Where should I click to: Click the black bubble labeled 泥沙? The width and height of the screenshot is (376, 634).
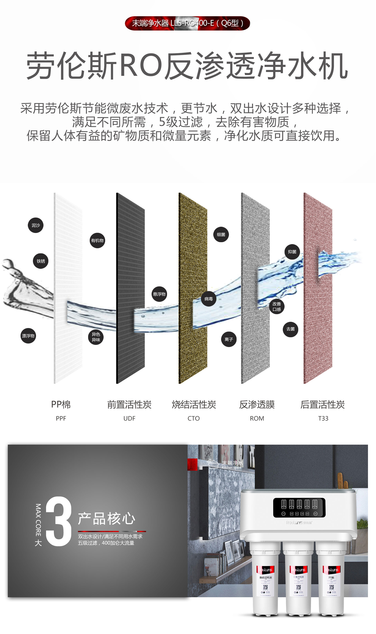tap(36, 225)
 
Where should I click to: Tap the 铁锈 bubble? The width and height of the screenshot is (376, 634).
tap(41, 261)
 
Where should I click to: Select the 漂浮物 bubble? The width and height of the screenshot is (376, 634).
tap(28, 336)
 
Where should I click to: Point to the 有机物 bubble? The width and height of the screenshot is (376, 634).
tap(97, 240)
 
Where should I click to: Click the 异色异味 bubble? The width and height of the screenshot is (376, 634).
tap(96, 337)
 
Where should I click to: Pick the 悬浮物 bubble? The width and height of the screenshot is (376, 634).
tap(159, 294)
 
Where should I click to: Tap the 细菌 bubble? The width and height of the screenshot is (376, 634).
tap(221, 235)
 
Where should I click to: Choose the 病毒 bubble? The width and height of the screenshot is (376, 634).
tap(209, 299)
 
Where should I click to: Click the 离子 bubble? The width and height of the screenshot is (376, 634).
tap(229, 339)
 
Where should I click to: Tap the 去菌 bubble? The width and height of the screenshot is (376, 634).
tap(290, 329)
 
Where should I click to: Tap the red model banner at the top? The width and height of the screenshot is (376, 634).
tap(187, 23)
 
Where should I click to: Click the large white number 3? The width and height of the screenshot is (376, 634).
tap(59, 521)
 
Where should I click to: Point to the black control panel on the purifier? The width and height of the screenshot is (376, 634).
tap(299, 507)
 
